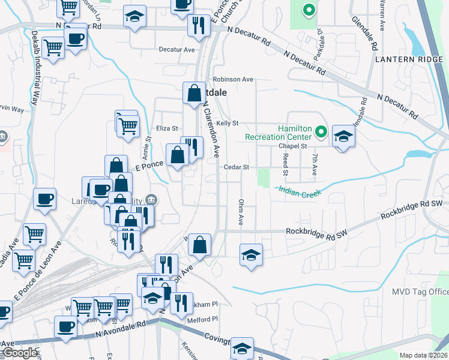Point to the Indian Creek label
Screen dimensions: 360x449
pyautogui.click(x=300, y=191)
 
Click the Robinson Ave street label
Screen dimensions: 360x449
pyautogui.click(x=234, y=79)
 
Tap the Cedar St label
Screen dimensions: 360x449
pyautogui.click(x=237, y=167)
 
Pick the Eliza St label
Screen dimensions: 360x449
pyautogui.click(x=167, y=128)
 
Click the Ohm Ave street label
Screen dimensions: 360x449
pyautogui.click(x=241, y=212)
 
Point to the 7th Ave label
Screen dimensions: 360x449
pyautogui.click(x=314, y=163)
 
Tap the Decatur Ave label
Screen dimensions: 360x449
pyautogui.click(x=177, y=50)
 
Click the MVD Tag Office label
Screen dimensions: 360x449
pyautogui.click(x=420, y=292)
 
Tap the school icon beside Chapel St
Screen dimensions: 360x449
pyautogui.click(x=344, y=136)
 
